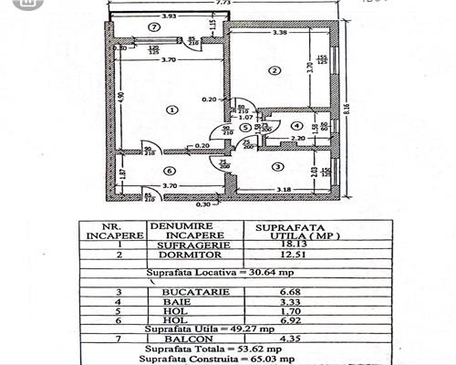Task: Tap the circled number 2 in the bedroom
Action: pos(272,70)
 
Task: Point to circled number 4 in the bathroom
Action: pos(295,125)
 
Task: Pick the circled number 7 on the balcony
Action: pos(153,27)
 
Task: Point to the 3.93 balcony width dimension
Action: pos(168,16)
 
